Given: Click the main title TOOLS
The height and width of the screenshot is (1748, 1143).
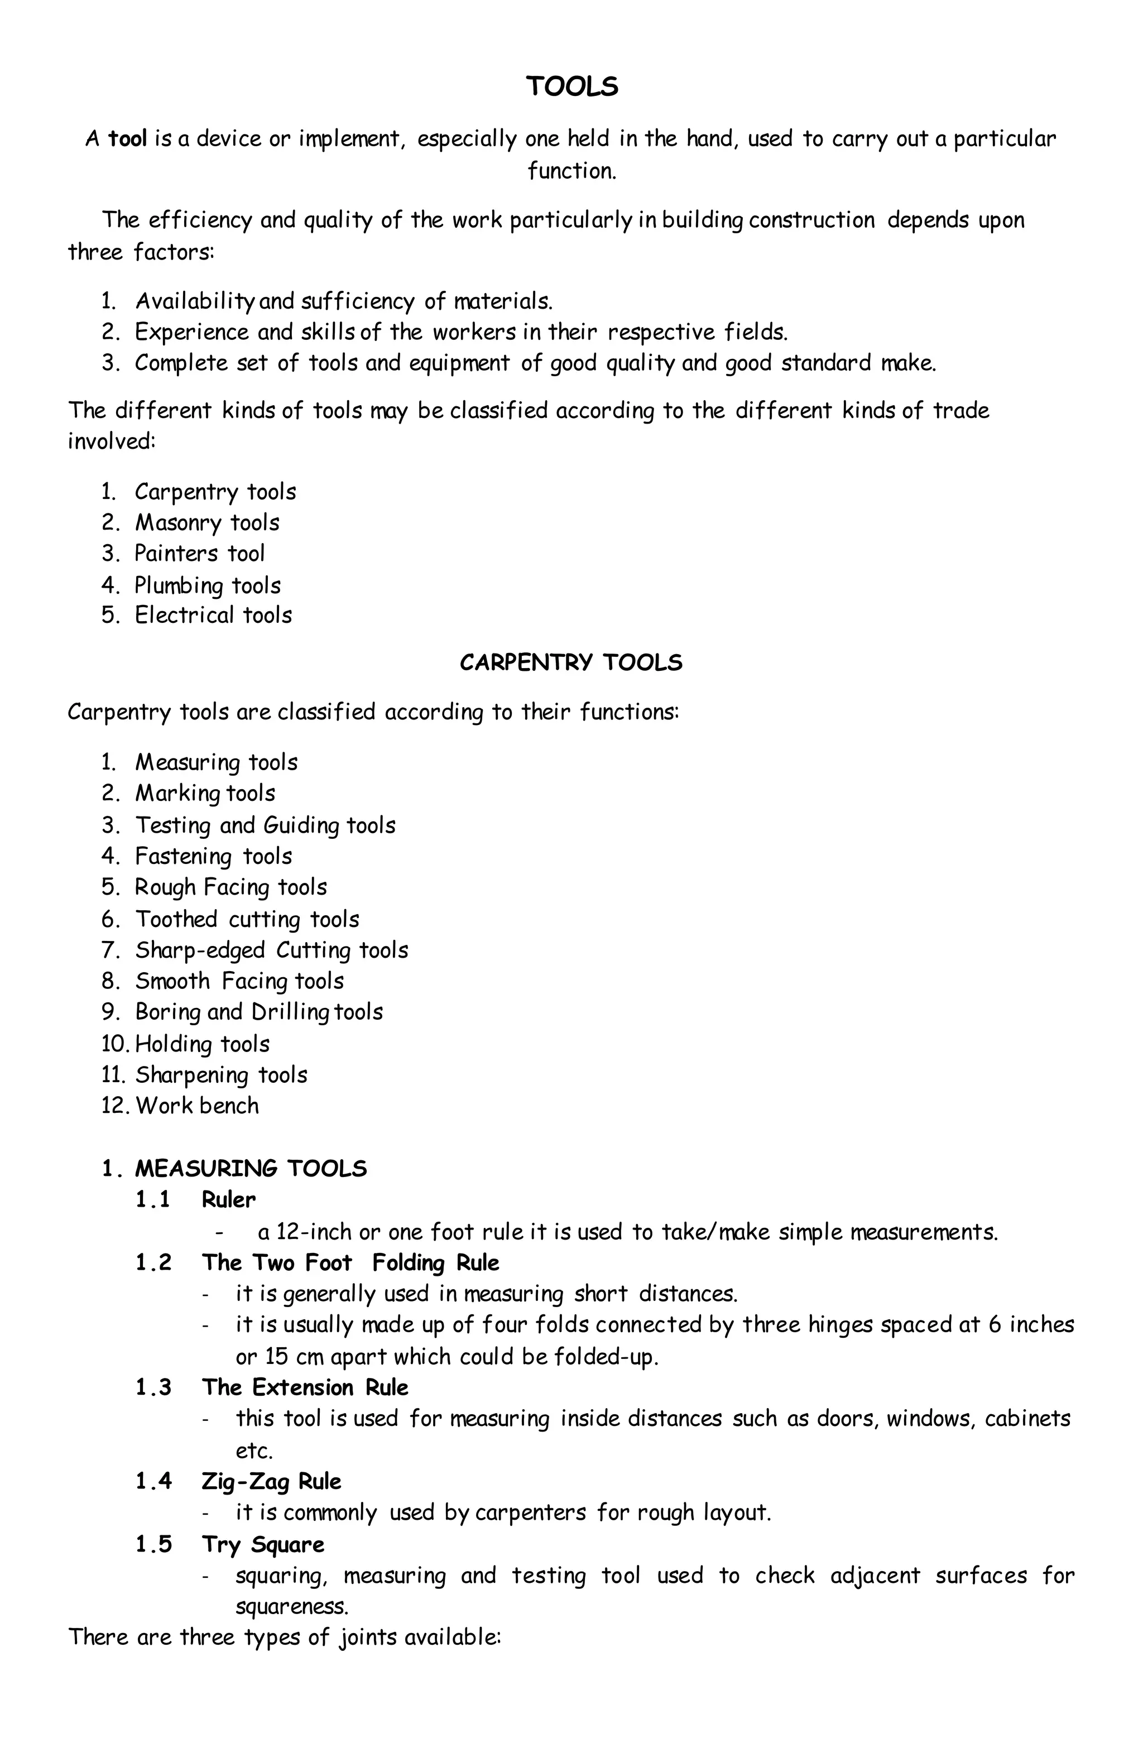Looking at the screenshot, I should pos(571,87).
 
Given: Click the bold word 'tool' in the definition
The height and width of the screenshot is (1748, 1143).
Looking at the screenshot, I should pos(128,138).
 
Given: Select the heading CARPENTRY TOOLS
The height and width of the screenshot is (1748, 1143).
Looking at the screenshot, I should pos(571,662).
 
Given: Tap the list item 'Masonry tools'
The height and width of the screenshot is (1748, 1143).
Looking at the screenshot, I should pos(207,522).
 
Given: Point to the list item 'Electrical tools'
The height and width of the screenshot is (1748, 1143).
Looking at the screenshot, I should pos(213,614).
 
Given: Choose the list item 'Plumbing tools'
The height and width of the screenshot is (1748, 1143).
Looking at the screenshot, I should pos(207,585).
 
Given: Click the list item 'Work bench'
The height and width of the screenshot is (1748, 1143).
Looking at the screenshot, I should pos(197,1106).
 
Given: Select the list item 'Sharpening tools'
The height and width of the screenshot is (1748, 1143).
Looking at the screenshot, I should pos(221,1074).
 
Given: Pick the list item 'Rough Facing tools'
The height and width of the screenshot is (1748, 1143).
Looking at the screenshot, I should pos(230,887).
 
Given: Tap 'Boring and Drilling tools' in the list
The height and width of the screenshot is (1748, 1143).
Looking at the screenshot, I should pos(258,1012).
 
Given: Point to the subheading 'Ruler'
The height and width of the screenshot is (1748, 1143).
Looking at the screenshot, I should pos(228,1200).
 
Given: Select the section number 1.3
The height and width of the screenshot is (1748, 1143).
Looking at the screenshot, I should pos(153,1387).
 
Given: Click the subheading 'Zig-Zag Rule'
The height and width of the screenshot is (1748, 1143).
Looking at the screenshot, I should pos(272,1481).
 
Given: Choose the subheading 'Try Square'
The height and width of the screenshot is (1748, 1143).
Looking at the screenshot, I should pos(263,1544).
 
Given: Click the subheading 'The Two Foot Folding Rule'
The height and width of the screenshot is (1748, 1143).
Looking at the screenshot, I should pos(350,1262).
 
